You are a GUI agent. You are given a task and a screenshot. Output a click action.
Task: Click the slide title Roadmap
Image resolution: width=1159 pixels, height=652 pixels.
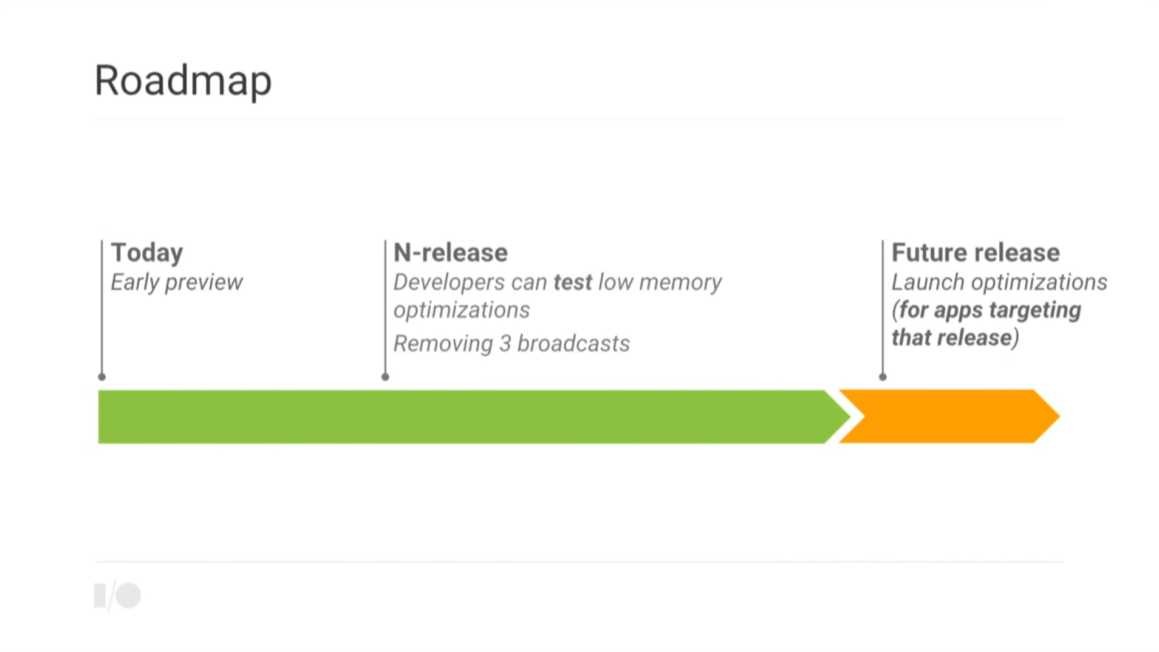183,81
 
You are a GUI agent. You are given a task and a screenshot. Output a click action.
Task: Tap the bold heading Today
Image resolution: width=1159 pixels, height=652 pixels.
147,253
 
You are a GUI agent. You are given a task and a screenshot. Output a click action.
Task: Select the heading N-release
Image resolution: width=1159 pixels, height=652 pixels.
450,253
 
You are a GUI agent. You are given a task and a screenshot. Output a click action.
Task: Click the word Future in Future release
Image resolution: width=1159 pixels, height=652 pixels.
928,253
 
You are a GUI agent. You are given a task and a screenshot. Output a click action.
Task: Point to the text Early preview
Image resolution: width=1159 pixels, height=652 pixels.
176,282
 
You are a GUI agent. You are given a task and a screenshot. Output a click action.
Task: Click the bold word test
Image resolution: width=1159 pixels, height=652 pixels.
572,282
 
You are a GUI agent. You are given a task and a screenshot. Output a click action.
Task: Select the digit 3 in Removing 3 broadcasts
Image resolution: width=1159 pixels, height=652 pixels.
505,344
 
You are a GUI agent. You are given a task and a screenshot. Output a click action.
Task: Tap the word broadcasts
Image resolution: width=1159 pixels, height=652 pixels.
573,344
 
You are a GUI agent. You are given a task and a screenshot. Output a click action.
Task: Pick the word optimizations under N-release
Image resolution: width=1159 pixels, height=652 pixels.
462,310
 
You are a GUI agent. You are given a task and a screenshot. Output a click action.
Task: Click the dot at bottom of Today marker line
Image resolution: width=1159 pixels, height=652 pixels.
102,377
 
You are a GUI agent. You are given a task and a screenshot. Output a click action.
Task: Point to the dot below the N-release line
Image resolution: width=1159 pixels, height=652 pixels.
385,377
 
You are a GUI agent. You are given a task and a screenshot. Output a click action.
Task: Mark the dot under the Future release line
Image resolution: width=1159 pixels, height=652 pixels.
883,377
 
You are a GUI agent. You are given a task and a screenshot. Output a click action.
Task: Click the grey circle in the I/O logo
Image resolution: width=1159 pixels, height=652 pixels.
128,596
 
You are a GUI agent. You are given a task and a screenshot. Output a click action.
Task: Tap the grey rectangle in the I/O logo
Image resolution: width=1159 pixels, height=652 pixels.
100,596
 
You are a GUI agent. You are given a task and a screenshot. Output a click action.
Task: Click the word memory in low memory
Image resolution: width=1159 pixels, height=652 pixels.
680,282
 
